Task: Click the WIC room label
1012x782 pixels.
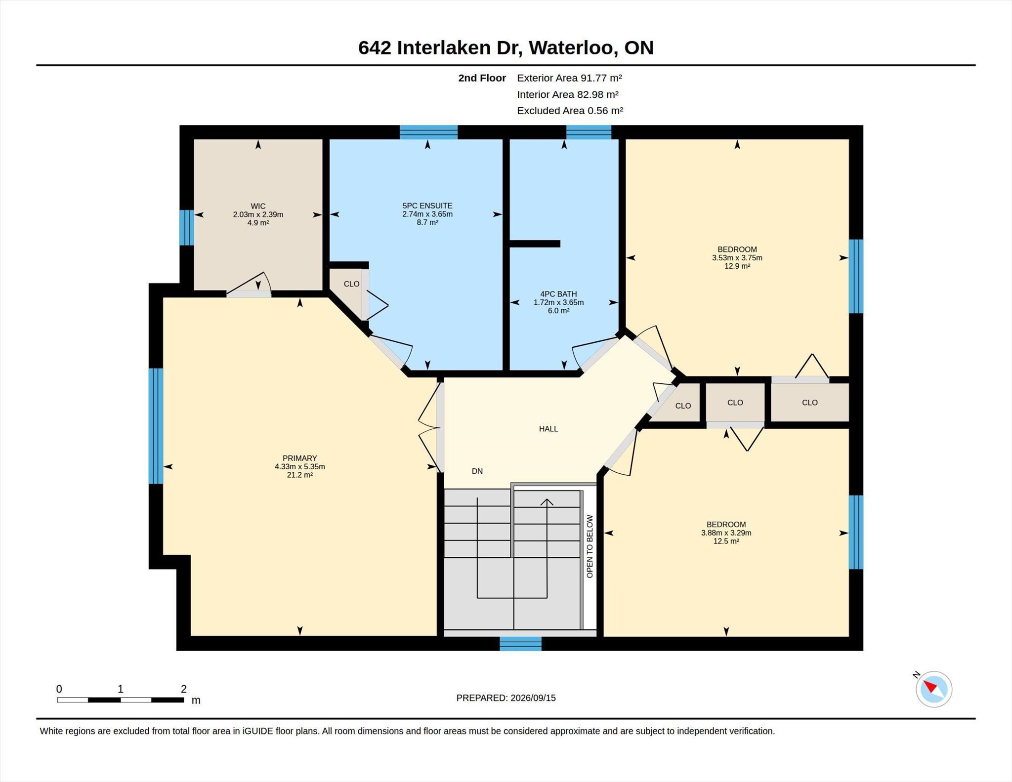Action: (x=258, y=206)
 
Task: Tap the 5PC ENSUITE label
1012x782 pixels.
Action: (x=427, y=206)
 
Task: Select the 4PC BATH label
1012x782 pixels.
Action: (x=558, y=294)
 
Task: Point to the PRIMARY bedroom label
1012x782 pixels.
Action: (x=299, y=458)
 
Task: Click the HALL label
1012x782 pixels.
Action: (x=548, y=429)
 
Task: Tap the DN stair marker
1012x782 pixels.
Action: (x=477, y=471)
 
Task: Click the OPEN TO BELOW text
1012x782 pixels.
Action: (x=590, y=546)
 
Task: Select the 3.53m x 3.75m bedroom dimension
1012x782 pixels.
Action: (x=737, y=258)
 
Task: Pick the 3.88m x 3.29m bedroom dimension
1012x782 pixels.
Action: (x=726, y=533)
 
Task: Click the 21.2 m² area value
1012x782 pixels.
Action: (x=299, y=475)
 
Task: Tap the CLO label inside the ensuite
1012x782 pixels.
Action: (x=351, y=284)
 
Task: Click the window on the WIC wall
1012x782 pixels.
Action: (x=186, y=228)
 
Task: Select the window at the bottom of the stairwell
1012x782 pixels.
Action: (x=520, y=644)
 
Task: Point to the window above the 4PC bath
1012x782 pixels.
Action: (x=589, y=132)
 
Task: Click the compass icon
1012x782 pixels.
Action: (x=933, y=689)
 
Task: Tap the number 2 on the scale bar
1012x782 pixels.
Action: (x=184, y=689)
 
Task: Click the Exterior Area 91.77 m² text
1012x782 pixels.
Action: (x=569, y=78)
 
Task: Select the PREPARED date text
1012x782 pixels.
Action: (x=506, y=698)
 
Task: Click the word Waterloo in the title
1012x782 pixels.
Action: (x=573, y=48)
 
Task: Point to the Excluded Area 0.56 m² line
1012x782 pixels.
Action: (x=570, y=111)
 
